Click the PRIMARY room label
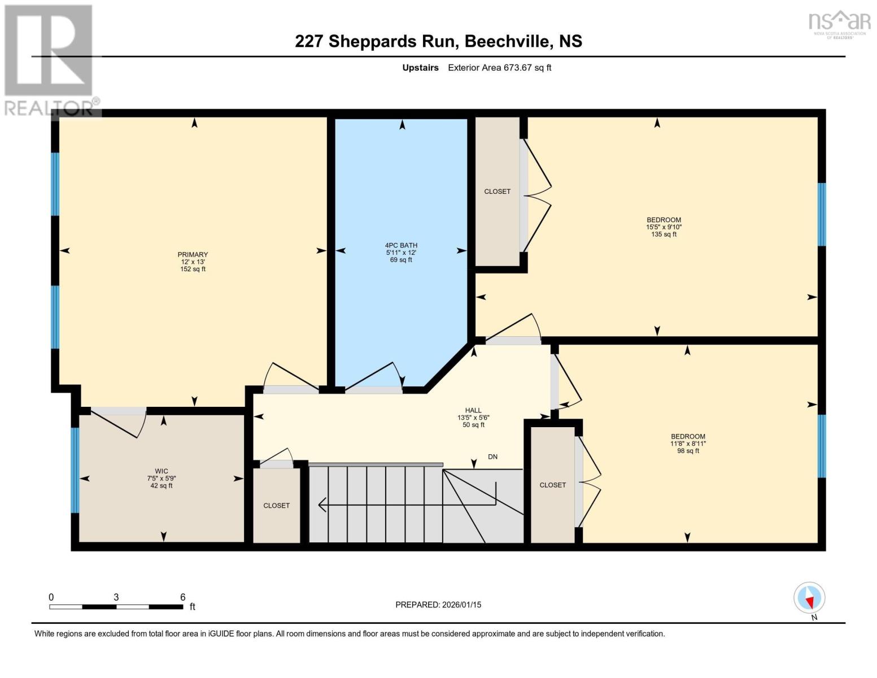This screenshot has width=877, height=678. (193, 255)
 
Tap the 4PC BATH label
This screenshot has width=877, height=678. (401, 246)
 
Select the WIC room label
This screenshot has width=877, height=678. (162, 471)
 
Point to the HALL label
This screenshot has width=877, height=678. (473, 411)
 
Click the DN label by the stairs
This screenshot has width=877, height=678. (492, 457)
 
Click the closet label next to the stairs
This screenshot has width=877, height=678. (276, 506)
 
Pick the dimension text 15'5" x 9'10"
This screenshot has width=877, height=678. (664, 227)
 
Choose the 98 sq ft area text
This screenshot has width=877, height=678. (688, 451)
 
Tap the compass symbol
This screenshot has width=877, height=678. (809, 598)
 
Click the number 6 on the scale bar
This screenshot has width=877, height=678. (182, 597)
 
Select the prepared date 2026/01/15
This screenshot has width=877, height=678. (461, 605)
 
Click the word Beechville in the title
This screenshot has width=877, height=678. (509, 41)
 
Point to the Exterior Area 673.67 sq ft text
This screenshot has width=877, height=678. (499, 68)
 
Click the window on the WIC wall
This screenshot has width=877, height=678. (75, 470)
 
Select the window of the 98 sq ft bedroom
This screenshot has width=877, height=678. (822, 446)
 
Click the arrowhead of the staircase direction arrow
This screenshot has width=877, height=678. (323, 504)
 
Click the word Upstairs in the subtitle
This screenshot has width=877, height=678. (420, 68)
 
